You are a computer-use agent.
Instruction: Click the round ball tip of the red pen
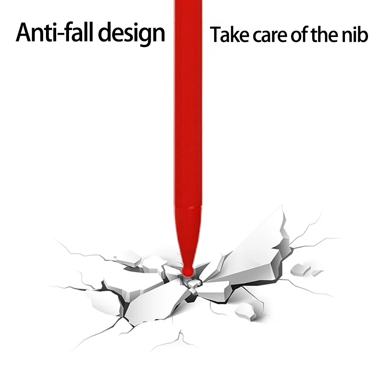187,270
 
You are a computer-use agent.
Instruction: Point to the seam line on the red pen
187,206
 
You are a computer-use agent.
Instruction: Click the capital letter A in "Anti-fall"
25,33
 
